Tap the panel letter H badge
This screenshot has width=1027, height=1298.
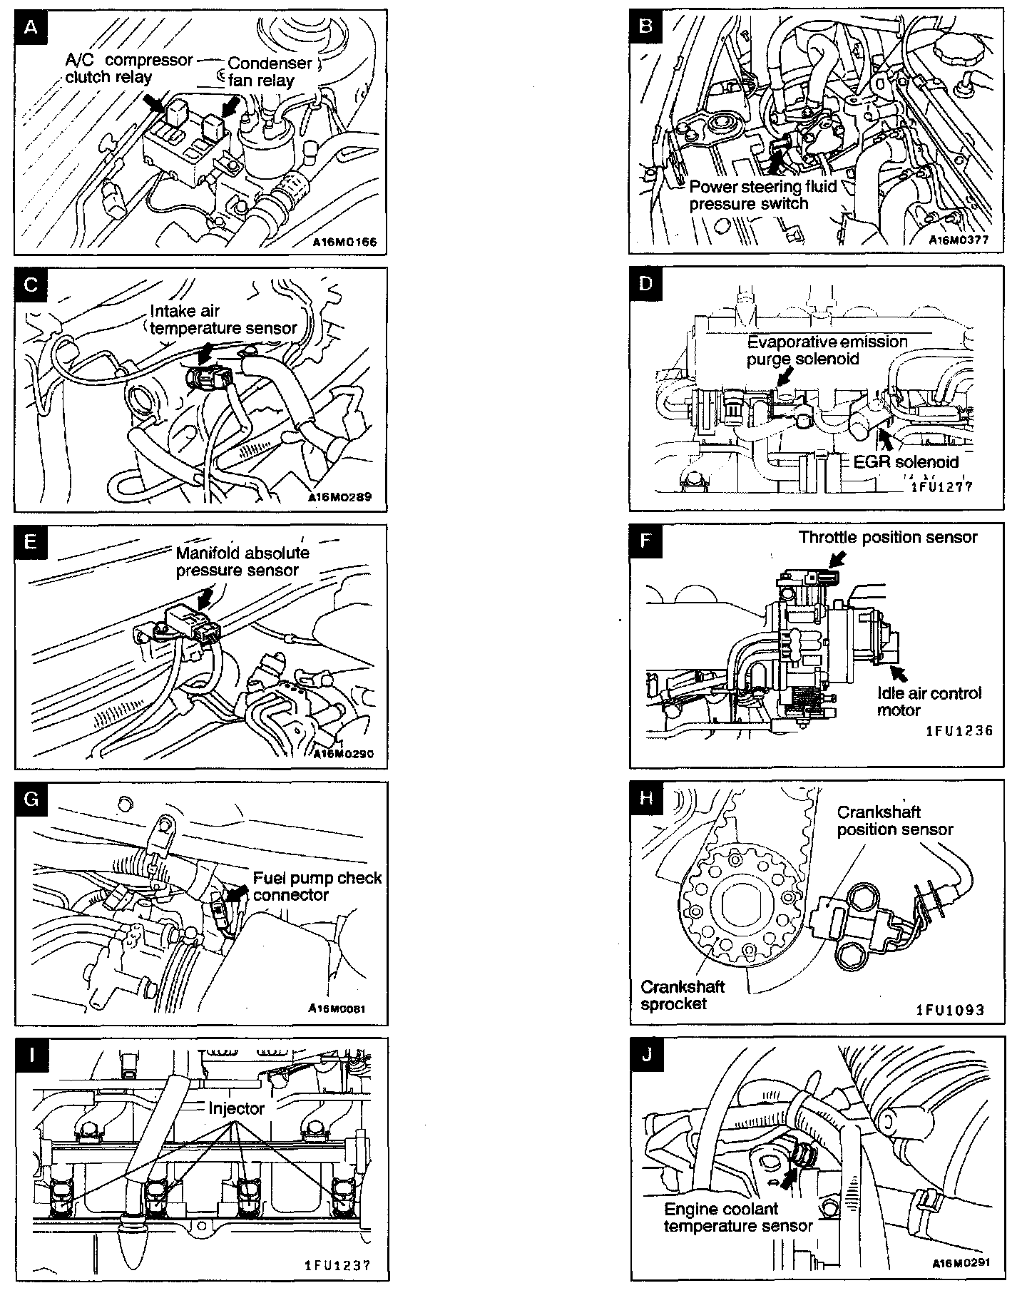[x=646, y=797]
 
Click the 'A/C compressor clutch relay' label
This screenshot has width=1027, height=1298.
[x=128, y=68]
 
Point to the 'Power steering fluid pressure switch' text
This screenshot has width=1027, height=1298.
[x=762, y=195]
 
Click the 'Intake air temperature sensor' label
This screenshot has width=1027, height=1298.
[x=223, y=320]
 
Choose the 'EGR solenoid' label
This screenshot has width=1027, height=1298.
[x=906, y=462]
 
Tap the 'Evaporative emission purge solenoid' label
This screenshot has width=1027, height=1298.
[x=827, y=350]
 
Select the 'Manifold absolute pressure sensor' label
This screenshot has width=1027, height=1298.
[x=242, y=561]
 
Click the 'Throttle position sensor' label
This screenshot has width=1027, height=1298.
[x=888, y=537]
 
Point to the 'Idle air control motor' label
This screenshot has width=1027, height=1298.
[x=929, y=701]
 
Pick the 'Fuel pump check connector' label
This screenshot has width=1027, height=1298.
[x=317, y=886]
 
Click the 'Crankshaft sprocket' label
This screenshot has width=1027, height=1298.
[x=683, y=995]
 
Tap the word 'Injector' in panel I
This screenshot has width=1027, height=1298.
[x=236, y=1108]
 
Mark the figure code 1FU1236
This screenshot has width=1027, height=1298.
[x=959, y=730]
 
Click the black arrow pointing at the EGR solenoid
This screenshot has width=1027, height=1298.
[x=885, y=435]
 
